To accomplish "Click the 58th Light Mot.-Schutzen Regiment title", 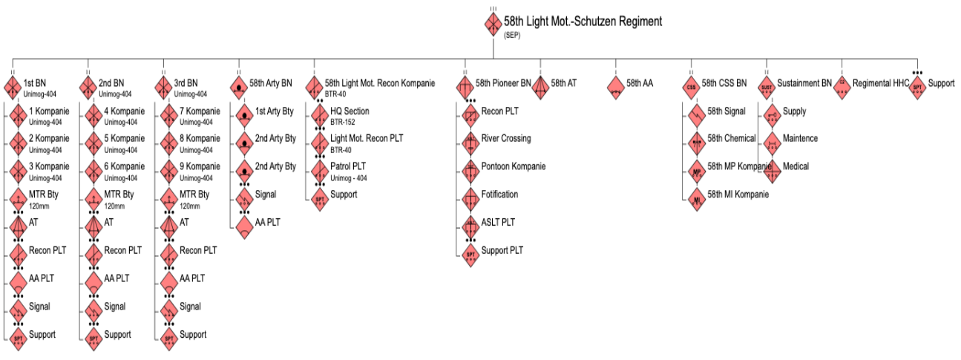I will tap(583, 22).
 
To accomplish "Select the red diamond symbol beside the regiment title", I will tap(493, 24).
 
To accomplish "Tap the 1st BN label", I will tap(33, 82).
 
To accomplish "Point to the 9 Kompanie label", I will tap(200, 166).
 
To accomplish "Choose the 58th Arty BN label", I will tap(271, 83).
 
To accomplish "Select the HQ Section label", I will tap(350, 111).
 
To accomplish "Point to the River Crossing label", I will tap(506, 139).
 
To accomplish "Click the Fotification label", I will tap(500, 194).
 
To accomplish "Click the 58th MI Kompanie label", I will tap(738, 194).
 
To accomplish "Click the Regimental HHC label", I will tap(881, 83).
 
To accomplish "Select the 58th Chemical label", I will tap(731, 139).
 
